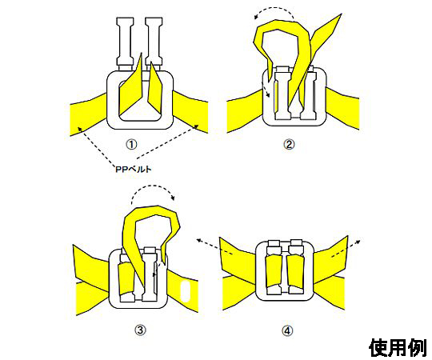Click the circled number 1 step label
click(x=131, y=144)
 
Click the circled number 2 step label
click(x=289, y=144)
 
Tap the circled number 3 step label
click(x=140, y=330)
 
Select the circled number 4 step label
click(x=287, y=330)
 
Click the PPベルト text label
click(x=134, y=169)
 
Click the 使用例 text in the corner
click(x=398, y=347)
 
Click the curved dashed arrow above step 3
click(x=153, y=185)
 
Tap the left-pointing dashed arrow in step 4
click(x=215, y=246)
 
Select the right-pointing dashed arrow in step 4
click(x=346, y=249)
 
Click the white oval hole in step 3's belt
click(x=186, y=291)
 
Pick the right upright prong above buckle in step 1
click(x=154, y=42)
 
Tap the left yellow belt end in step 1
click(x=88, y=115)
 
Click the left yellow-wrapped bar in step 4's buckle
click(x=274, y=270)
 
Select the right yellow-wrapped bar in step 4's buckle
click(x=296, y=271)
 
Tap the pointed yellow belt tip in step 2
click(x=341, y=15)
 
